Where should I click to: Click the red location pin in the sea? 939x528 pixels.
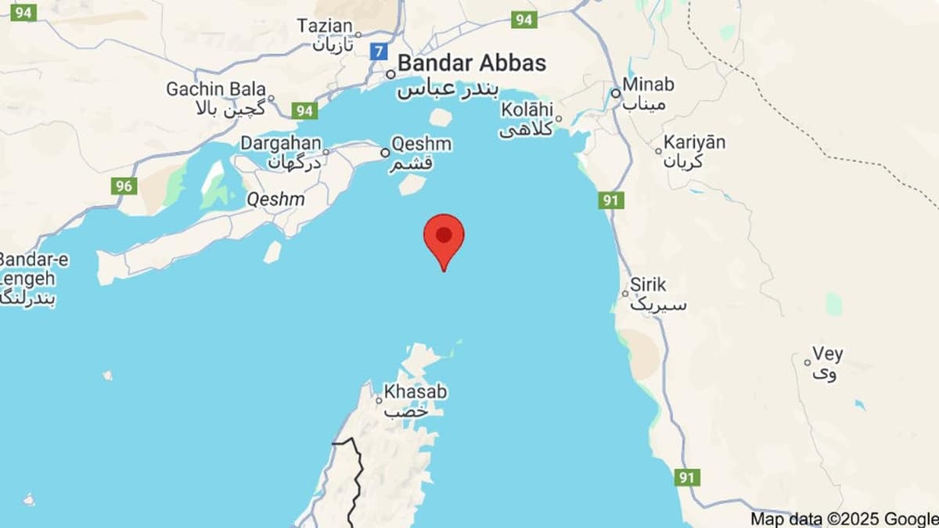click(444, 237)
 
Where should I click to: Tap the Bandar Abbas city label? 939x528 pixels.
click(471, 63)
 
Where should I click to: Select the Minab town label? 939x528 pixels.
click(648, 84)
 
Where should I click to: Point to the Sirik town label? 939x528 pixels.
click(648, 285)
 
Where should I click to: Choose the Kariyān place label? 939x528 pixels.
click(694, 142)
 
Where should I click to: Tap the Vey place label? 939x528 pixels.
click(827, 354)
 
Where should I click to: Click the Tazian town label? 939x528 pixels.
click(325, 27)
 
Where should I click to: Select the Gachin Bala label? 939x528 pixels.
click(216, 89)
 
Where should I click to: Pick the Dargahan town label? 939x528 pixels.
click(280, 143)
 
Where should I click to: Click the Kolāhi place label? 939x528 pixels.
click(527, 110)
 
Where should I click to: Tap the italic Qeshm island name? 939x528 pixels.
click(275, 199)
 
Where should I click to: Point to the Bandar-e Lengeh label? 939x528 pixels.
click(28, 269)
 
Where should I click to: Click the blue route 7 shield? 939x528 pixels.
click(380, 52)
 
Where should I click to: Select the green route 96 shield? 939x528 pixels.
click(124, 185)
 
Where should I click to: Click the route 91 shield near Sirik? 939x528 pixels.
click(611, 200)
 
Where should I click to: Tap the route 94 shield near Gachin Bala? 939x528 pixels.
click(304, 110)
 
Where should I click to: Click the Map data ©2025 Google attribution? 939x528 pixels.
click(844, 519)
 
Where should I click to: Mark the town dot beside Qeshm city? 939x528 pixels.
click(385, 153)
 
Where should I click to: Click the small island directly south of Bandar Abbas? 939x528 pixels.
click(441, 117)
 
